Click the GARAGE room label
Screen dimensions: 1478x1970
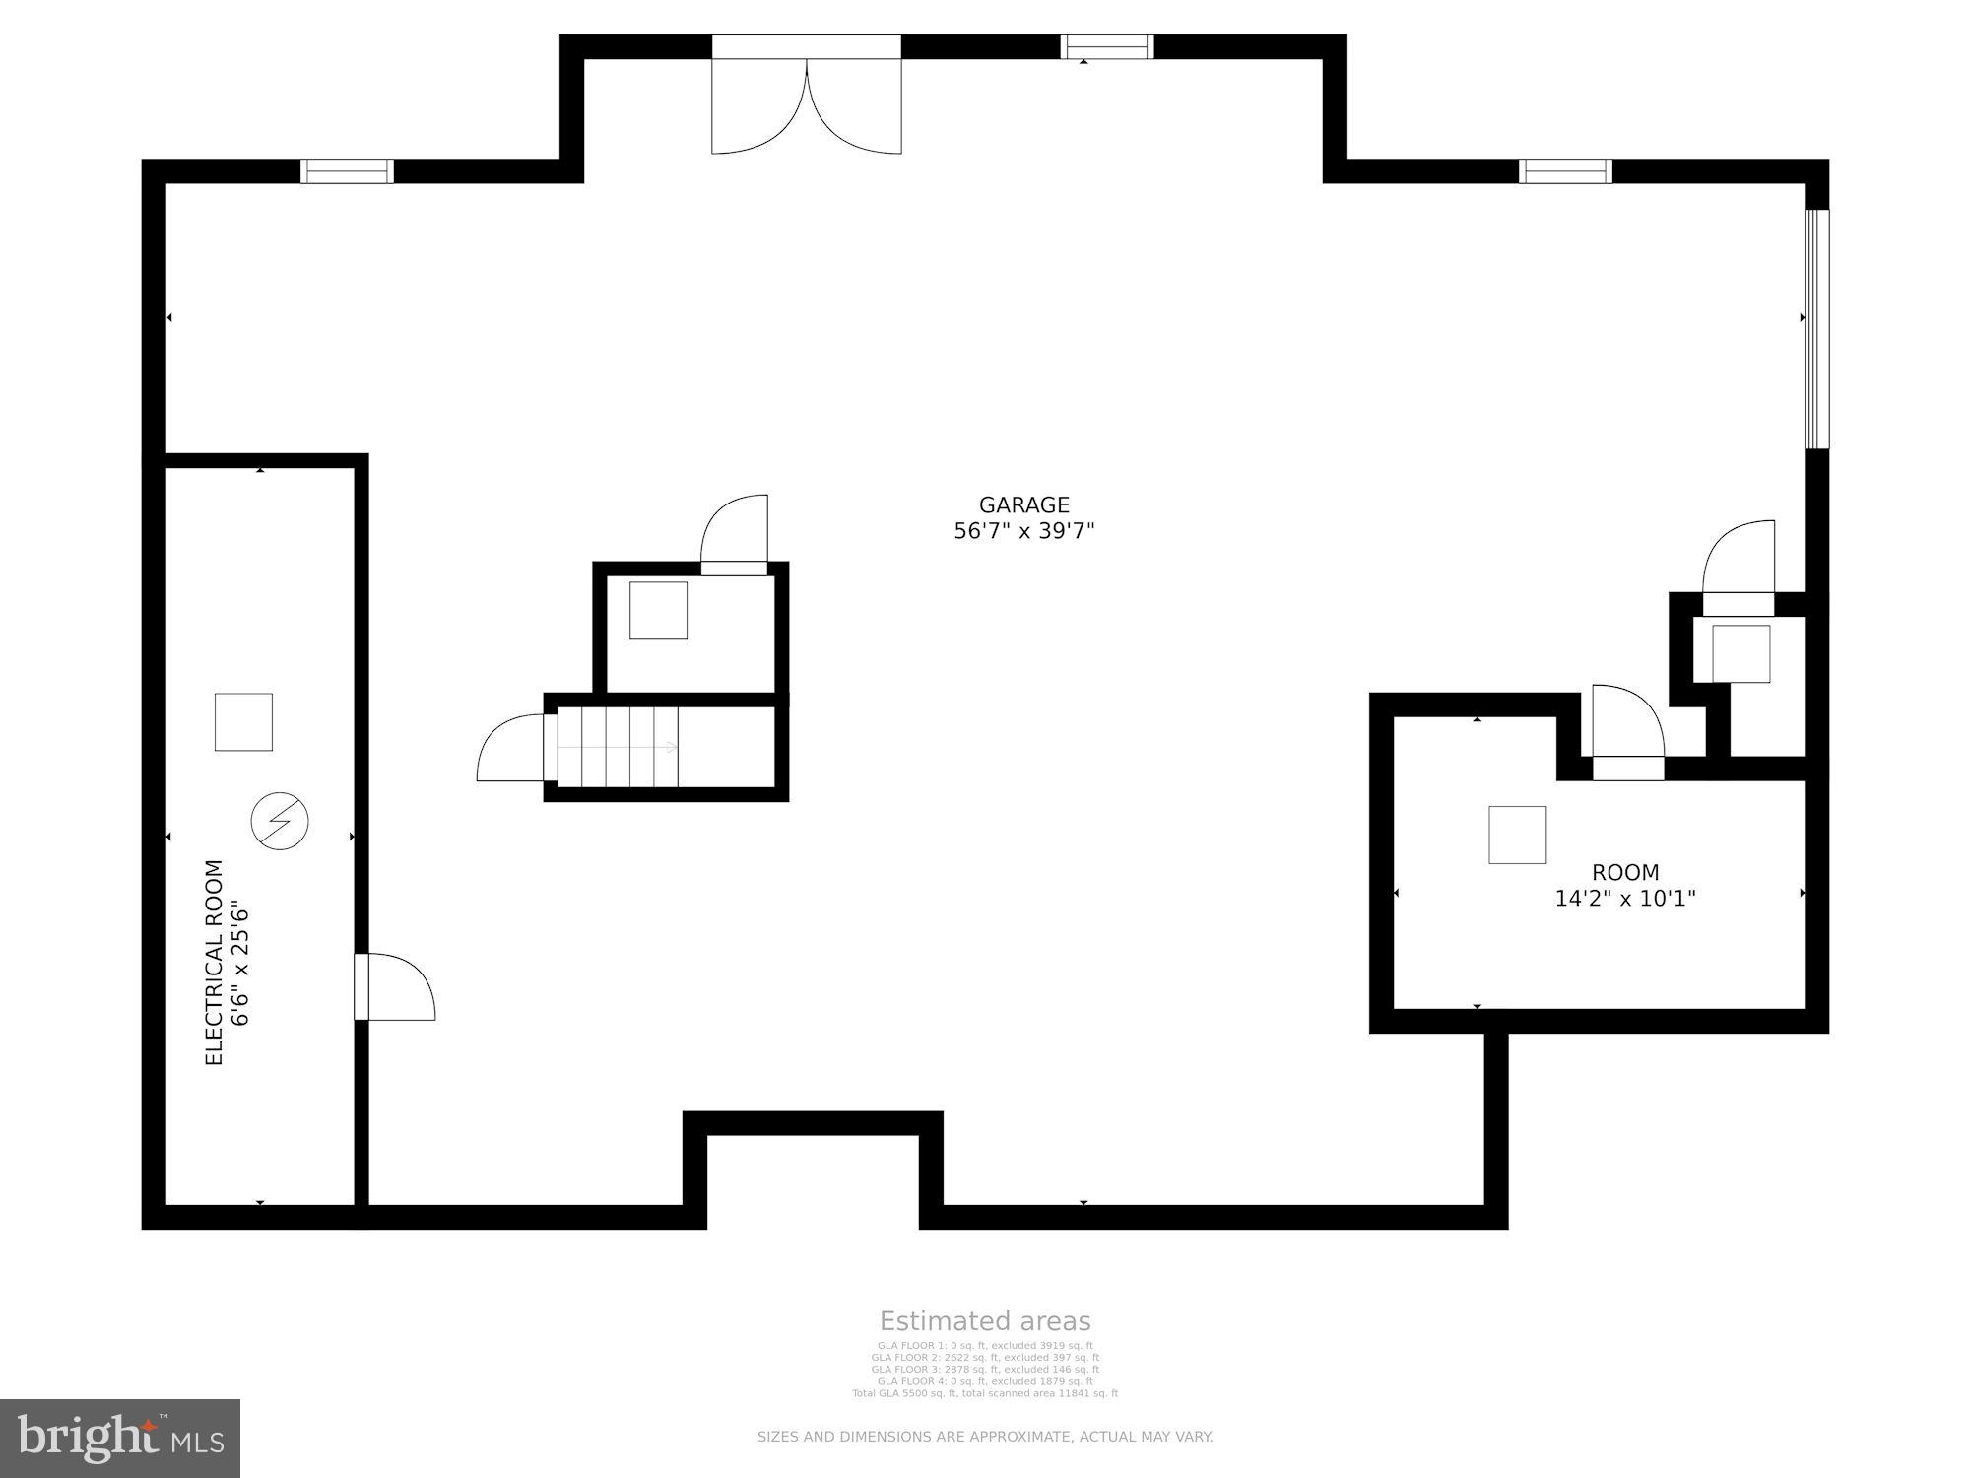(x=1023, y=504)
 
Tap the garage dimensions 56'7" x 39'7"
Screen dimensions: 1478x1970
(x=1023, y=531)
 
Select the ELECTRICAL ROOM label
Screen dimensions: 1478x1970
(x=214, y=962)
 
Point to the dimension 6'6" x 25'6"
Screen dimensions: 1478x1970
(x=240, y=962)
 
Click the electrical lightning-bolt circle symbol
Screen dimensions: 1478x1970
(x=280, y=821)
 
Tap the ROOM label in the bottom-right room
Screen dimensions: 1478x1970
(x=1625, y=872)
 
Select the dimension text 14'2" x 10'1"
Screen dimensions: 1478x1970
(x=1625, y=899)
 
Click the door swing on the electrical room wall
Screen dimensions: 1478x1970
(x=397, y=987)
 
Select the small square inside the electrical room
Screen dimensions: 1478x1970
(x=243, y=722)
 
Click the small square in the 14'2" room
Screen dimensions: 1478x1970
(x=1517, y=835)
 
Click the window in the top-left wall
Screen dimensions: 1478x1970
(x=347, y=171)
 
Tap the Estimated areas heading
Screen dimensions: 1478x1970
(x=985, y=1321)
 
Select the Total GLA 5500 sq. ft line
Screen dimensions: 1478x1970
(x=985, y=1393)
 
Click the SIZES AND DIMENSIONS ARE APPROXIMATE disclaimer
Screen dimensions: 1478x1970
(x=985, y=1437)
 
